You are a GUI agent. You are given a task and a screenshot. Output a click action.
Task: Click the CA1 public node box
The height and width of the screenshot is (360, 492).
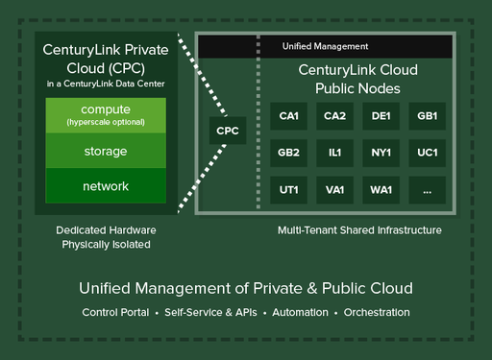pyautogui.click(x=288, y=116)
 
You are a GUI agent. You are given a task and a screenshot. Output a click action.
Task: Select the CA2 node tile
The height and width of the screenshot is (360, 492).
pyautogui.click(x=334, y=116)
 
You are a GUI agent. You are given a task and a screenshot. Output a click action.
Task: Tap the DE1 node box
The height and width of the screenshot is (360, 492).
pyautogui.click(x=381, y=116)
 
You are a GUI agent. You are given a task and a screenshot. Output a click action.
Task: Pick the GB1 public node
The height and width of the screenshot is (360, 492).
pyautogui.click(x=427, y=116)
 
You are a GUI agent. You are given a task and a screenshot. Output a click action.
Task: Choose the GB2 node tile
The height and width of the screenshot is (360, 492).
pyautogui.click(x=288, y=153)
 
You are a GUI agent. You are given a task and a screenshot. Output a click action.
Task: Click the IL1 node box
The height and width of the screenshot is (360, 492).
pyautogui.click(x=334, y=153)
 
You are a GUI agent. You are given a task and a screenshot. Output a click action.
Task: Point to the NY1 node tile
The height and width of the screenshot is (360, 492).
pyautogui.click(x=381, y=153)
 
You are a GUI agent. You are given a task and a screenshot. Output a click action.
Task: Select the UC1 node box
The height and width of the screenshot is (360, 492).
pyautogui.click(x=427, y=153)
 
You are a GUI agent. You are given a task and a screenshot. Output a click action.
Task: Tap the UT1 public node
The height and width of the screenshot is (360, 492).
pyautogui.click(x=288, y=189)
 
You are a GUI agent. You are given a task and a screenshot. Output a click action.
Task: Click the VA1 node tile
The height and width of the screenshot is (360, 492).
pyautogui.click(x=334, y=189)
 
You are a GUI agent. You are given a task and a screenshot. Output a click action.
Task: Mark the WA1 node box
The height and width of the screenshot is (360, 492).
pyautogui.click(x=381, y=189)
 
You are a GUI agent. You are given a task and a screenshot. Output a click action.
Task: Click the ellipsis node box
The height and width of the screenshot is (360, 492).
pyautogui.click(x=427, y=189)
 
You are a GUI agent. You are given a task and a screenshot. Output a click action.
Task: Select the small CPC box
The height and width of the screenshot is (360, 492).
pyautogui.click(x=228, y=130)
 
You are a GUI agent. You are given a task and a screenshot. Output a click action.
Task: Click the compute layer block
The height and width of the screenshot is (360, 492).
pyautogui.click(x=106, y=114)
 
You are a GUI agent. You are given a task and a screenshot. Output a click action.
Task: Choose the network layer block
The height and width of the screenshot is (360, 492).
pyautogui.click(x=106, y=185)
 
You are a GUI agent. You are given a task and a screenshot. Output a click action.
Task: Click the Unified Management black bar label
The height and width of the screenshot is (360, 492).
pyautogui.click(x=325, y=46)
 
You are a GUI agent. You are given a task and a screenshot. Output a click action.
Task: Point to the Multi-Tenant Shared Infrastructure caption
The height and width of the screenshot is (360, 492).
pyautogui.click(x=359, y=230)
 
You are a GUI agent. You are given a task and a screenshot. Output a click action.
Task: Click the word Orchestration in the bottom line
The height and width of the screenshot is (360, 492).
pyautogui.click(x=377, y=313)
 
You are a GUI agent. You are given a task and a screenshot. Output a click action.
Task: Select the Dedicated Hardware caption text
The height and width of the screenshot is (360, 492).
pyautogui.click(x=106, y=230)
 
